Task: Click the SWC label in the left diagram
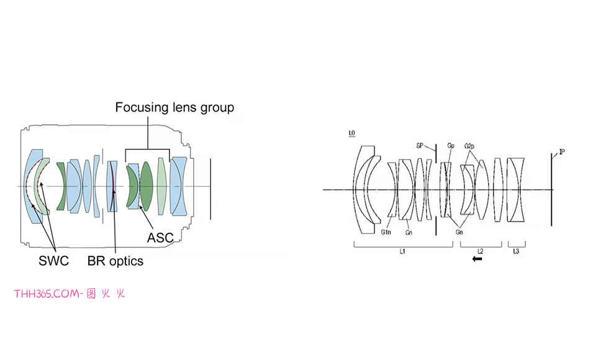click(x=53, y=261)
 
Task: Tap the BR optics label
click(x=115, y=261)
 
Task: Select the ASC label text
click(x=160, y=238)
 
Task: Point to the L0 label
click(x=352, y=133)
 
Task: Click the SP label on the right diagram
click(x=420, y=146)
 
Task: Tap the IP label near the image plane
click(x=561, y=151)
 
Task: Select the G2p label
click(x=469, y=146)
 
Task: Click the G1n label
click(x=386, y=232)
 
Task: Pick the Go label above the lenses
click(x=451, y=146)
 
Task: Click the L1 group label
click(x=402, y=251)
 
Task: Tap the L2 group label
click(x=480, y=251)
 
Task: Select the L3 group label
click(x=516, y=251)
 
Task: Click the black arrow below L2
click(x=477, y=259)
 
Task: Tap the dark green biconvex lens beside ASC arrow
click(x=147, y=184)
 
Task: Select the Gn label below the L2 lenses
click(x=460, y=232)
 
